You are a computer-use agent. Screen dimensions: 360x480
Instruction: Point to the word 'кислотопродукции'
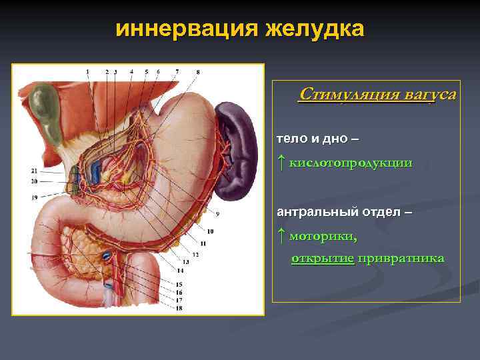coord(351,163)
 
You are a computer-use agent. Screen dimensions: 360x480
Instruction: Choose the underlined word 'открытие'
coord(323,259)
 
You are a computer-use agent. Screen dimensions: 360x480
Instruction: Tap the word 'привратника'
coord(401,259)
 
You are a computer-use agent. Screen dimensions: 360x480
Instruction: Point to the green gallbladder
coord(46,104)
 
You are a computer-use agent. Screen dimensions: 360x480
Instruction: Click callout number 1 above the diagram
coord(87,71)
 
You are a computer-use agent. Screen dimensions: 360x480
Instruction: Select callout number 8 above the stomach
coord(198,71)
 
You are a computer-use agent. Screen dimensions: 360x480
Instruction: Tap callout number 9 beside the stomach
coord(217,214)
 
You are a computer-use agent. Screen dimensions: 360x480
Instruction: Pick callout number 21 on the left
coord(34,171)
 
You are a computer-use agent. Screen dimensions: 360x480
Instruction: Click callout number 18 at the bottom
coord(179,308)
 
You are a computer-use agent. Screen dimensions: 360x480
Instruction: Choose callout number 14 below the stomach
coord(180,270)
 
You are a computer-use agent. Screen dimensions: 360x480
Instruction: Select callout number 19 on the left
coord(34,197)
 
